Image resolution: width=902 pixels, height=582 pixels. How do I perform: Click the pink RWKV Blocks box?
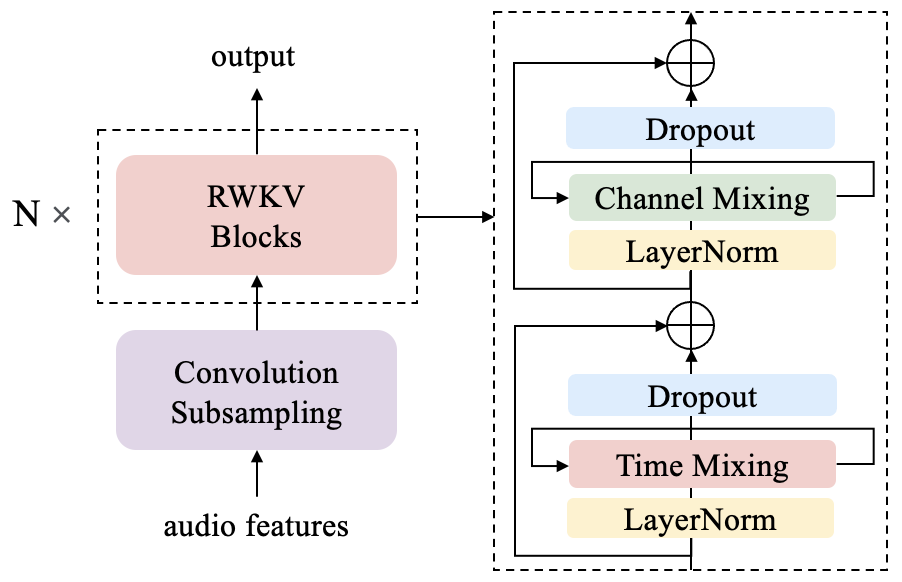(x=256, y=215)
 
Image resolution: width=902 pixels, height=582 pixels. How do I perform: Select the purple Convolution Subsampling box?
(x=256, y=390)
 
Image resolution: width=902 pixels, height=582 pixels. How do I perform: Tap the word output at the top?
(x=253, y=56)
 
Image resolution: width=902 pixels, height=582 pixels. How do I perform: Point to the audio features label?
(x=256, y=525)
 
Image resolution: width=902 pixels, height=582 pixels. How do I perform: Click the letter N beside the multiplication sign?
(x=26, y=214)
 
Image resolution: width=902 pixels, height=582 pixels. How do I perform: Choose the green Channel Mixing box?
(x=701, y=198)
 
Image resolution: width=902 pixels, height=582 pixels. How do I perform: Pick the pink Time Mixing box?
(x=701, y=465)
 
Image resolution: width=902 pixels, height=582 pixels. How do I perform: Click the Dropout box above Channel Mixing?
(x=700, y=129)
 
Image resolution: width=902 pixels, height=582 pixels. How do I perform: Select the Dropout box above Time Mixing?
(x=701, y=396)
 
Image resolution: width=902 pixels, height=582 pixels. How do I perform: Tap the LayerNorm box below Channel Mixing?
(x=701, y=251)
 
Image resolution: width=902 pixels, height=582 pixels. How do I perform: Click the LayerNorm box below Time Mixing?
(x=700, y=519)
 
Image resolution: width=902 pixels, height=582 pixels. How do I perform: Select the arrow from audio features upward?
(x=257, y=474)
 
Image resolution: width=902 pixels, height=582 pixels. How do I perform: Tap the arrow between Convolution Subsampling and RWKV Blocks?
(x=257, y=304)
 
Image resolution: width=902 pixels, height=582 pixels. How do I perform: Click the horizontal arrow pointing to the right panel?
(x=455, y=216)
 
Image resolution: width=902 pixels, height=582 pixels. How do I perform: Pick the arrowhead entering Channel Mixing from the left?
(x=561, y=198)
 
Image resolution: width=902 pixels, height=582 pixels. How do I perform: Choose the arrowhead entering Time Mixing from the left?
(x=561, y=465)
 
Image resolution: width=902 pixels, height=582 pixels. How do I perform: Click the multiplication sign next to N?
(x=61, y=215)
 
